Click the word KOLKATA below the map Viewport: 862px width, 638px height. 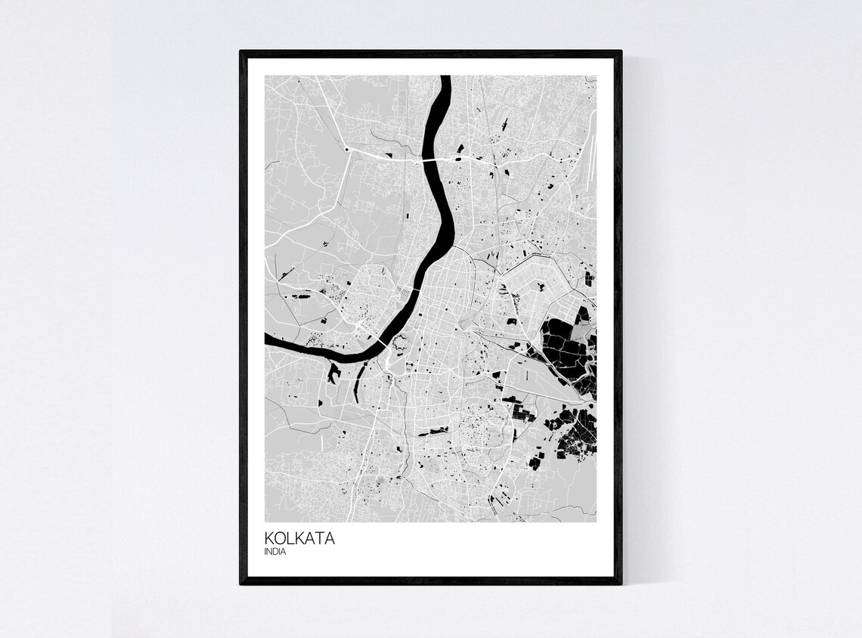coord(299,539)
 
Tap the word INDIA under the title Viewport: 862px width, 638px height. coord(275,552)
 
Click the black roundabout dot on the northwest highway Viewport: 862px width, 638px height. coord(347,150)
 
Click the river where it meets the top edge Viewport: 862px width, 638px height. coord(445,78)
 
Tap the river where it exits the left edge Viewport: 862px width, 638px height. coord(268,339)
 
